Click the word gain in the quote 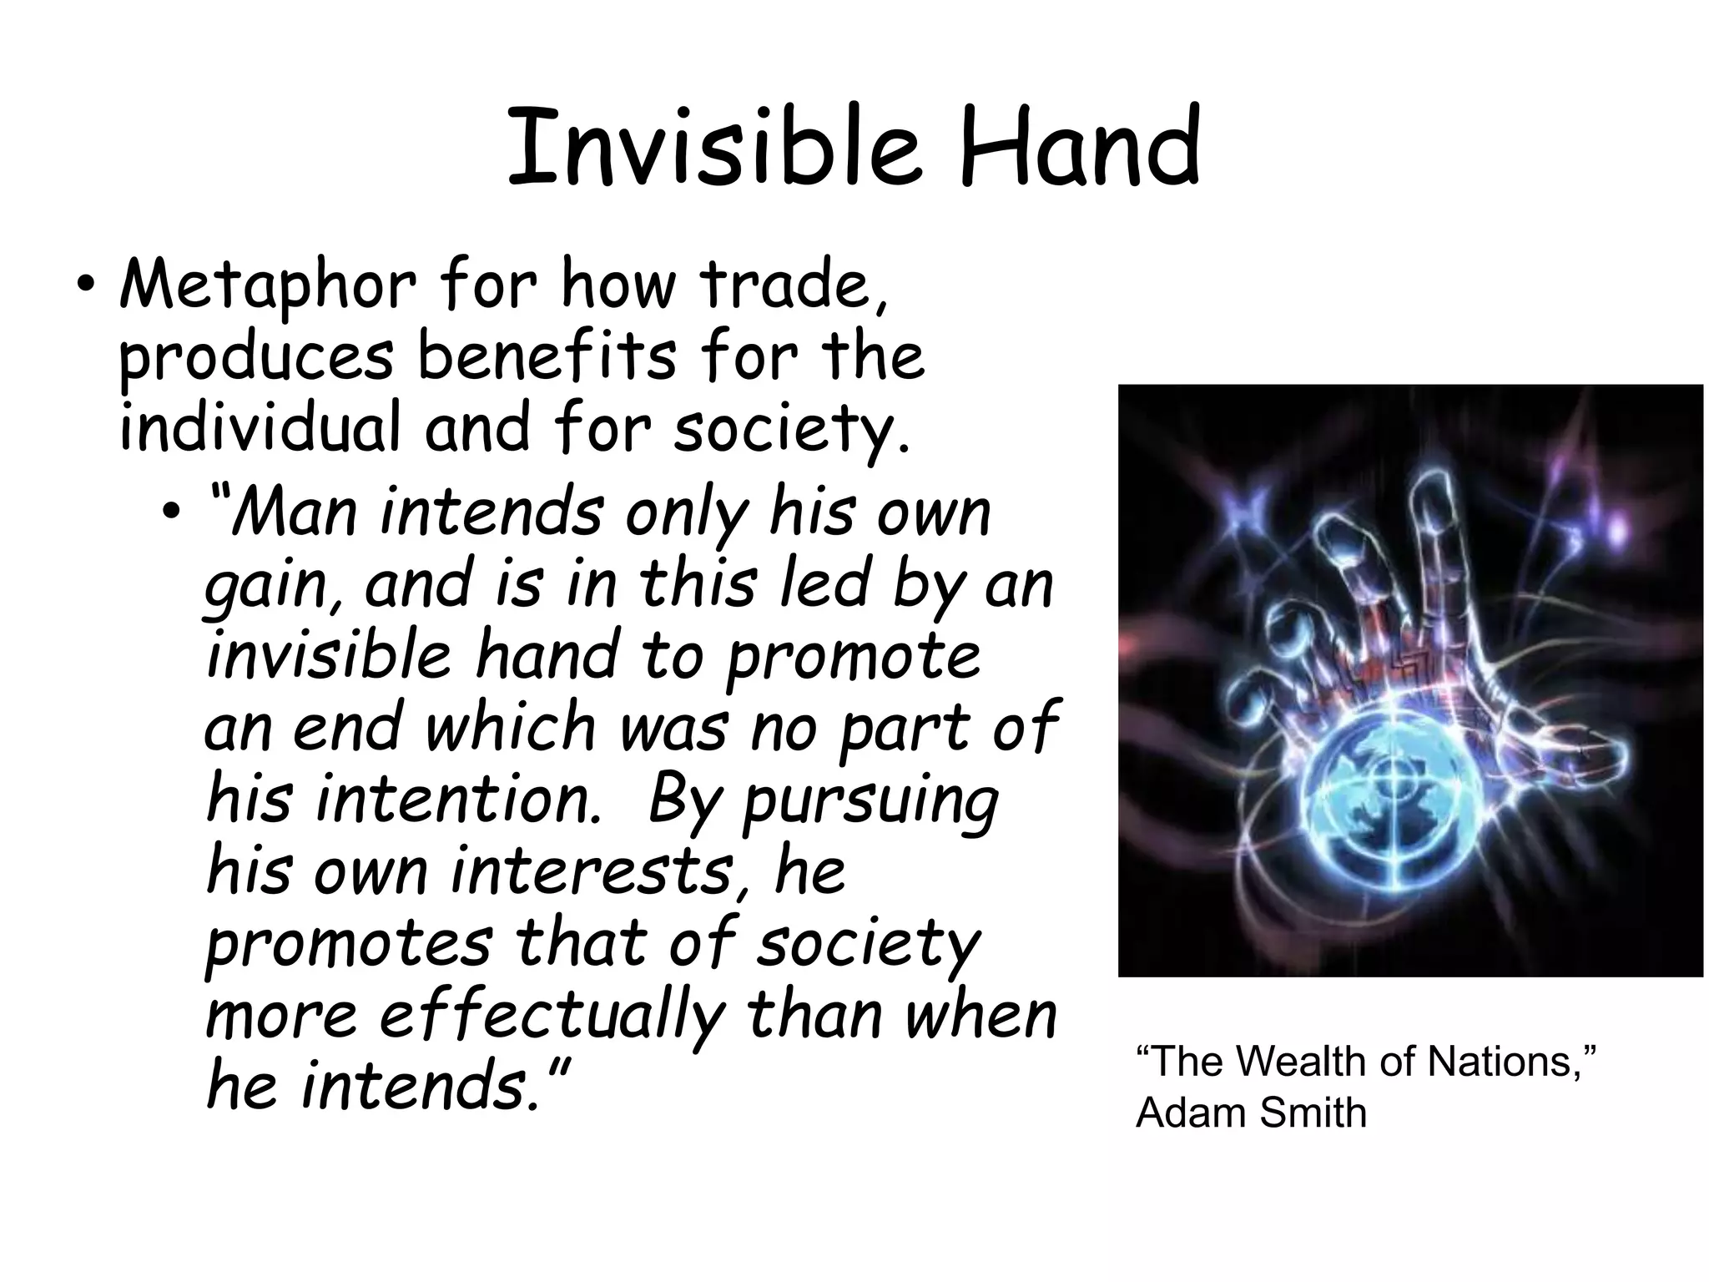coord(270,586)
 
